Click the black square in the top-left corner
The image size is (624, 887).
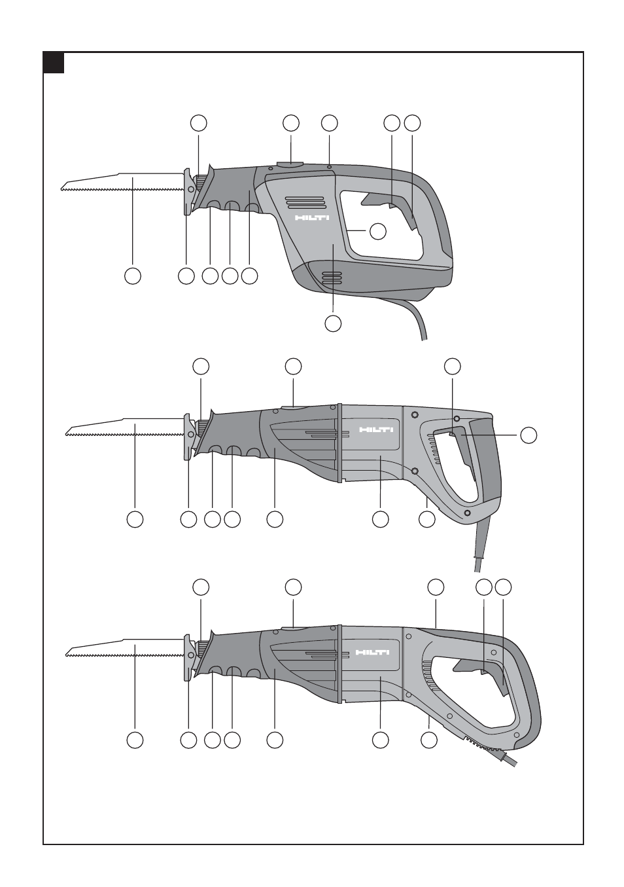pos(54,63)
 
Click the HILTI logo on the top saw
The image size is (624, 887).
pos(312,218)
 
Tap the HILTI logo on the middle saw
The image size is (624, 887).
pos(376,429)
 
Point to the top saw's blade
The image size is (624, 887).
pos(123,182)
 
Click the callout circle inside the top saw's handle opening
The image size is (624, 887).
pos(378,231)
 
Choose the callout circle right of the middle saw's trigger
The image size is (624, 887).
pos(529,435)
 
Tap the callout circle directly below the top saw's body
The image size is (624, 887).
pos(333,323)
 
